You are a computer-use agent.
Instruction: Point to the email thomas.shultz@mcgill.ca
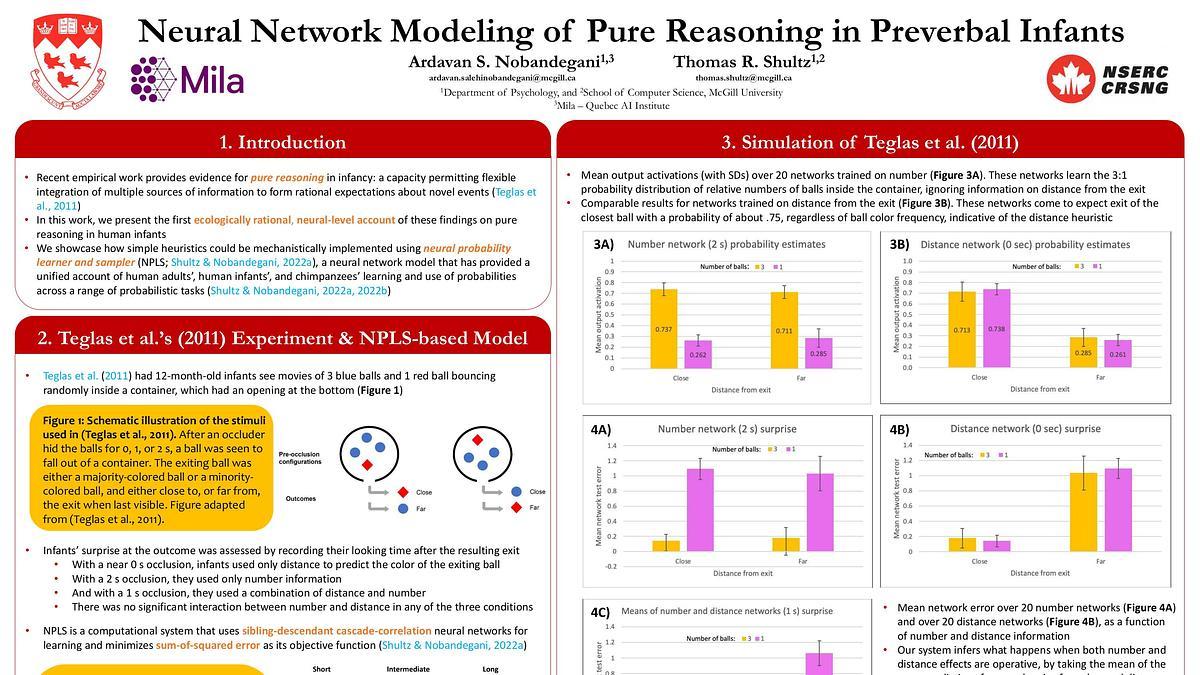pyautogui.click(x=743, y=77)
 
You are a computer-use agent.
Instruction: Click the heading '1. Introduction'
pyautogui.click(x=282, y=142)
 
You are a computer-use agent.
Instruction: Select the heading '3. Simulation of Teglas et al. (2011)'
pyautogui.click(x=869, y=142)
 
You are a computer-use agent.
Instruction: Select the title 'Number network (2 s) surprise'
pyautogui.click(x=727, y=429)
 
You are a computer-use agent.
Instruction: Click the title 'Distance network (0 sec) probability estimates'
pyautogui.click(x=1025, y=244)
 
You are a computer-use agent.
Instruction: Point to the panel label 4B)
pyautogui.click(x=899, y=430)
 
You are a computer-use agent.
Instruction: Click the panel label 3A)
pyautogui.click(x=602, y=244)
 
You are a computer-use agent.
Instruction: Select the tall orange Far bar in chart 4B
pyautogui.click(x=1083, y=512)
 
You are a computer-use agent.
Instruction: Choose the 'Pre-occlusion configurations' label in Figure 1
pyautogui.click(x=299, y=456)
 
